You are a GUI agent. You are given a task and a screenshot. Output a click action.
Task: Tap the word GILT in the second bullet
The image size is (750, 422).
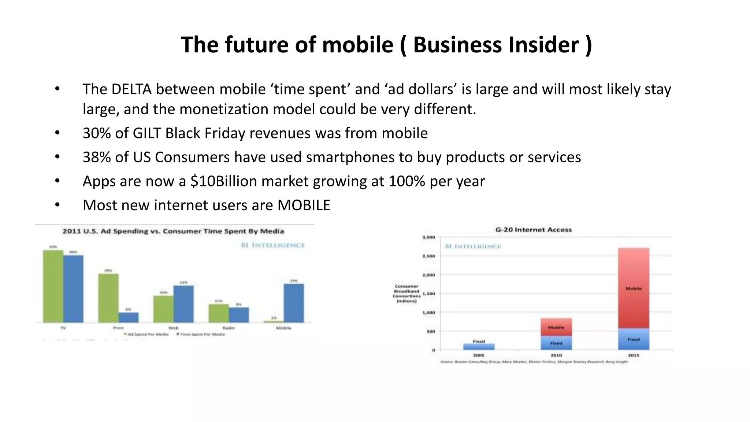pos(146,133)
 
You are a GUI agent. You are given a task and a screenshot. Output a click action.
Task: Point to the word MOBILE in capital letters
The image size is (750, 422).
pos(304,205)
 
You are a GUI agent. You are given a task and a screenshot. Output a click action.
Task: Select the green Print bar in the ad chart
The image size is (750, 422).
pos(108,298)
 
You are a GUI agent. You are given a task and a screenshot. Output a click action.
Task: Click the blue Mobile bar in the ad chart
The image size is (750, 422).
pos(294,303)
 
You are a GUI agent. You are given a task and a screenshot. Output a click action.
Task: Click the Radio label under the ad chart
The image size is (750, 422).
pos(229,328)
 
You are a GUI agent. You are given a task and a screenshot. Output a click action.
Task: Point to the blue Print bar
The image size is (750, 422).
pos(129,317)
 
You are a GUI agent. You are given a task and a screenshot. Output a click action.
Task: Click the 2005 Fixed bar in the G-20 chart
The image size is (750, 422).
pos(479,347)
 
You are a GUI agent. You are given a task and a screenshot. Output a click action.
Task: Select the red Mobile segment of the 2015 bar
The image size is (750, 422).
pos(634,288)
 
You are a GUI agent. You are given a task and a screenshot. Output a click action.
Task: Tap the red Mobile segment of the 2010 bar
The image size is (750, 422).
pos(556,327)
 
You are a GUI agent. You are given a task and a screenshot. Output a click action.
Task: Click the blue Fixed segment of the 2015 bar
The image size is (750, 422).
pos(634,339)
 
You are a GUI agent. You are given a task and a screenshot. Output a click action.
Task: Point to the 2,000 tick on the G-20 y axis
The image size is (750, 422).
pos(429,275)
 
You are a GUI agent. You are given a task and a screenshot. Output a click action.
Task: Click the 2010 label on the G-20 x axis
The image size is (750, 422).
pos(556,355)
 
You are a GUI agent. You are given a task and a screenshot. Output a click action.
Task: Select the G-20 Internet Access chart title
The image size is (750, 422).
pos(533,230)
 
